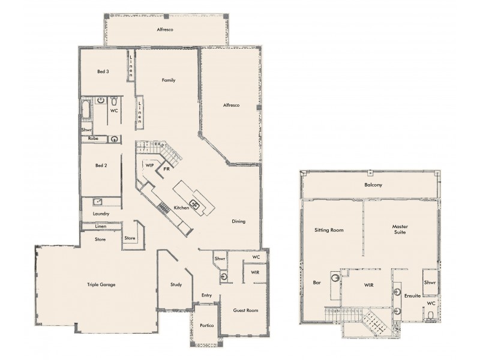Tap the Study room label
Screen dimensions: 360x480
click(175, 284)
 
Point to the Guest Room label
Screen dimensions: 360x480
click(245, 310)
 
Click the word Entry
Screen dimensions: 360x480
click(206, 295)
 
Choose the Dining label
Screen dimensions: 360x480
click(239, 221)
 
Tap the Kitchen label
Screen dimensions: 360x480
click(182, 208)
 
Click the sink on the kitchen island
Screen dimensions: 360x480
click(194, 203)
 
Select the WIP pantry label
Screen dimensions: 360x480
click(149, 164)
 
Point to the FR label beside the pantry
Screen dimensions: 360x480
click(167, 170)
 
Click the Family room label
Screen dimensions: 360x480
click(168, 80)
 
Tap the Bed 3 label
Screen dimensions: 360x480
click(103, 71)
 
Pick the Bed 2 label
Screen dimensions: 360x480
click(101, 165)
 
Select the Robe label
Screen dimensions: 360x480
click(93, 138)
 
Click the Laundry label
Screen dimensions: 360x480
click(101, 214)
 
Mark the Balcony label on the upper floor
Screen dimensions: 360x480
click(373, 185)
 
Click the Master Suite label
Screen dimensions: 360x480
click(400, 230)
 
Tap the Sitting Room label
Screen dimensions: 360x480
click(329, 230)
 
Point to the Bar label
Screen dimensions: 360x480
click(317, 282)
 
